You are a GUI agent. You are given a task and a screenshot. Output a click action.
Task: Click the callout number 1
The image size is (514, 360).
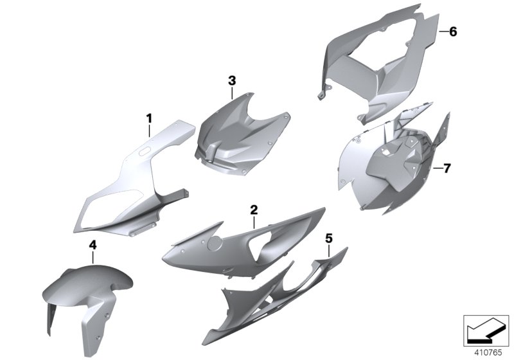click(x=149, y=118)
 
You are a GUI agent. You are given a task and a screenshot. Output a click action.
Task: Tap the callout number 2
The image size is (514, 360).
click(x=254, y=210)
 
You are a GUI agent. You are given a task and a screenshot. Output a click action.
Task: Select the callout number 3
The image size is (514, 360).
click(x=232, y=80)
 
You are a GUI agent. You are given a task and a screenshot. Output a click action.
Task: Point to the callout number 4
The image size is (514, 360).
click(x=93, y=245)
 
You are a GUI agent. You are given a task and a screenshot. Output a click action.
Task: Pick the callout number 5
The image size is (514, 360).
click(x=328, y=239)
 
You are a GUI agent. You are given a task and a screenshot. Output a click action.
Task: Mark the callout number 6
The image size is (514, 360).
click(x=453, y=32)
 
